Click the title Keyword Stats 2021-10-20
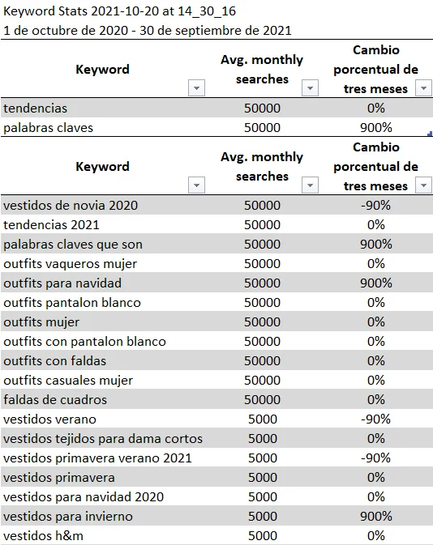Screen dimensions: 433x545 [x=106, y=11]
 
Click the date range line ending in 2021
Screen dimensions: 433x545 [x=148, y=30]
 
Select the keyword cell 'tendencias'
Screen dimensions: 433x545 [x=36, y=108]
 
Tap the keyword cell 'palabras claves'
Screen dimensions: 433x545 [x=48, y=127]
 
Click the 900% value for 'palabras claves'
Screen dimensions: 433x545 [x=375, y=127]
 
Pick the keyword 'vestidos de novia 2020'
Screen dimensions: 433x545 [x=71, y=205]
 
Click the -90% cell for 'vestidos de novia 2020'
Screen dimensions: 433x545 [x=375, y=205]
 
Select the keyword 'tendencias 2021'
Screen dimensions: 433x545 [x=50, y=224]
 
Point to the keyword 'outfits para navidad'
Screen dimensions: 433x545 [x=62, y=283]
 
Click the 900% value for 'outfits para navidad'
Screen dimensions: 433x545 [x=375, y=283]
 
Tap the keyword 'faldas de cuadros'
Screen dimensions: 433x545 [x=55, y=399]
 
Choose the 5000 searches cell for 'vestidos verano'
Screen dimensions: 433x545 [x=262, y=419]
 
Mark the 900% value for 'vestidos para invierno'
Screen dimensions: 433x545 [x=375, y=516]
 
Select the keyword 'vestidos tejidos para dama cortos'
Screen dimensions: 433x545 [x=103, y=438]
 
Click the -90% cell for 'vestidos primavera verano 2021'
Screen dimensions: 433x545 [x=375, y=458]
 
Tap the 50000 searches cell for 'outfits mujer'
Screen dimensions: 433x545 [x=262, y=321]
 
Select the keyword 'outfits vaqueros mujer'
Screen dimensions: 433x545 [x=71, y=263]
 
